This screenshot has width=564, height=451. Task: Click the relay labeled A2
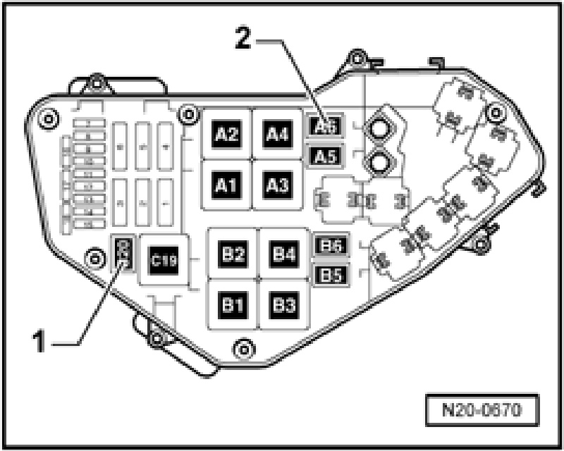226,134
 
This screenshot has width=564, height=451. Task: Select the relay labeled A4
276,134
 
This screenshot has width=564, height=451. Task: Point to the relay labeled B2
232,254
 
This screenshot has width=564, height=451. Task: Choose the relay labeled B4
283,254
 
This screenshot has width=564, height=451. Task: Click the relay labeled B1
232,305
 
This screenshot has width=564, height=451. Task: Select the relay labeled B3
283,305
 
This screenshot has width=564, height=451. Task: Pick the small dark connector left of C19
123,254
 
